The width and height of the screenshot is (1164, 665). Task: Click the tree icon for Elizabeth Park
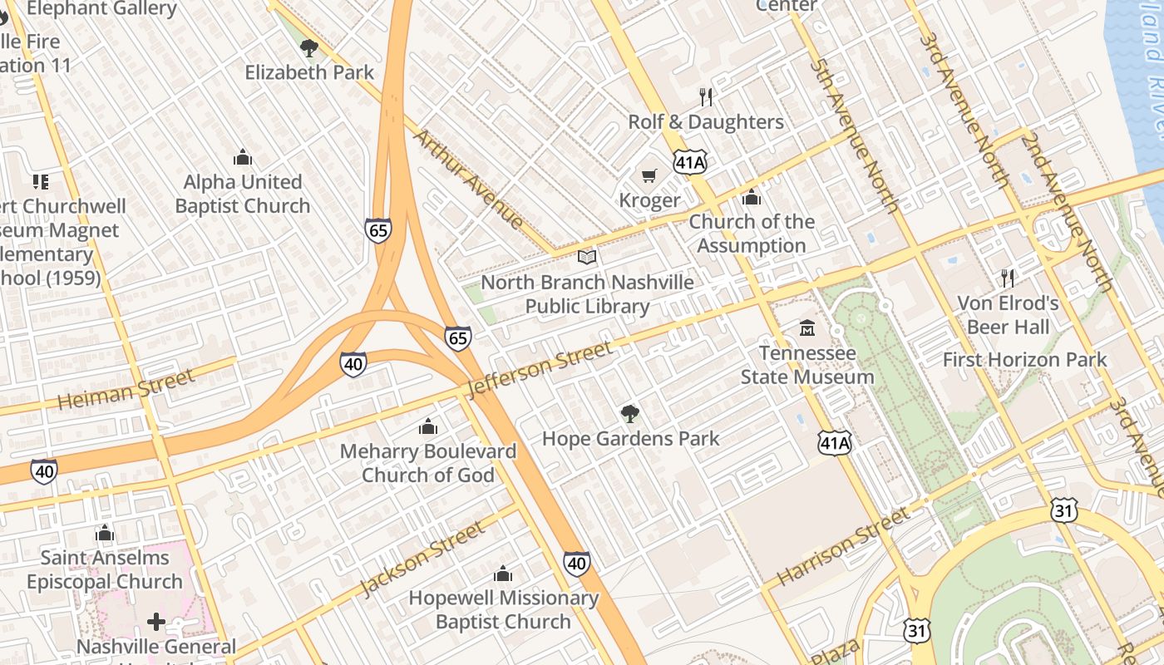tap(309, 48)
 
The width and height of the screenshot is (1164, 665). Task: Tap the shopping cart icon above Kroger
tap(649, 175)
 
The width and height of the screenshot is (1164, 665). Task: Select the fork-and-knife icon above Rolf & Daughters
tap(706, 97)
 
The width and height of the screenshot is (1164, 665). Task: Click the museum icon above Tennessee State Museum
tap(807, 328)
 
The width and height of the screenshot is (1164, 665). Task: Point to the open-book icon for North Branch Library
tap(587, 258)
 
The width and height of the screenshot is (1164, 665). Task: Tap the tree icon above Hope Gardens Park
tap(630, 413)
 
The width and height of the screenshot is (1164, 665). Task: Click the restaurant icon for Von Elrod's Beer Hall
tap(1009, 278)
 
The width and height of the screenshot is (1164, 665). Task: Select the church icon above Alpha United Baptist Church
tap(243, 157)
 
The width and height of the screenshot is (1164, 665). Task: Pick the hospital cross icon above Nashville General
tap(156, 622)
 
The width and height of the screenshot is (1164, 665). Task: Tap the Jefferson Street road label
tap(540, 368)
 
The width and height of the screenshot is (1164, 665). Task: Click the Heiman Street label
tap(126, 389)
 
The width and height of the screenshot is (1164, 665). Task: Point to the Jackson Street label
tap(422, 558)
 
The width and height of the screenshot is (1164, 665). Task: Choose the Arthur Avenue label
tap(470, 178)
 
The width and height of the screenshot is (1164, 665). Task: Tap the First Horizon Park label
tap(1024, 360)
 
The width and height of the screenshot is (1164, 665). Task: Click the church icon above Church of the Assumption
tap(752, 198)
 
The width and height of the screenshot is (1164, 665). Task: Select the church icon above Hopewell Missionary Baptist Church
tap(503, 574)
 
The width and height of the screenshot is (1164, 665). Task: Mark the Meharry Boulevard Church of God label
tap(428, 463)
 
